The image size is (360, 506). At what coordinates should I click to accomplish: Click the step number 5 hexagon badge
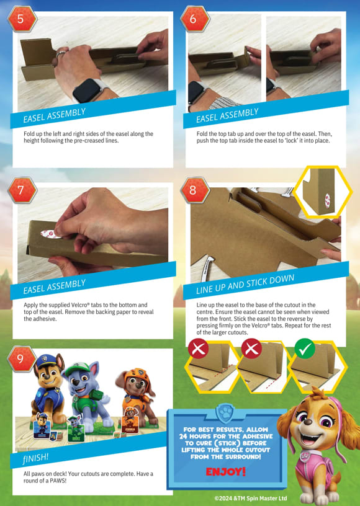coord(21,19)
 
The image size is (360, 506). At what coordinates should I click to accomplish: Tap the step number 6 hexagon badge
coord(194,19)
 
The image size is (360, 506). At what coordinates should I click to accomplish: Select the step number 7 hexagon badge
coord(21,190)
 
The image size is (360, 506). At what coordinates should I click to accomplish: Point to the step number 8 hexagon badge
coord(194,190)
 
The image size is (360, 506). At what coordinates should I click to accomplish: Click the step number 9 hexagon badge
coord(21,358)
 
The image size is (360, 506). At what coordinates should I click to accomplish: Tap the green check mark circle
coord(305,348)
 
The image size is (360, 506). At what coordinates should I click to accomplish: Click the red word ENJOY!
coord(226,471)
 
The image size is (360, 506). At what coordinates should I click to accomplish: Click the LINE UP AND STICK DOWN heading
coord(245,284)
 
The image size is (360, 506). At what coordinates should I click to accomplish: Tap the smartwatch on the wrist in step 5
coord(86,90)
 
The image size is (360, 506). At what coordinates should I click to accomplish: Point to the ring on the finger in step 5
coord(60,53)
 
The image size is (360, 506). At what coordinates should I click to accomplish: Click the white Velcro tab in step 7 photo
coord(50,234)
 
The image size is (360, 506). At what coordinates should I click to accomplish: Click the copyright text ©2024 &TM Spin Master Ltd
coord(251,499)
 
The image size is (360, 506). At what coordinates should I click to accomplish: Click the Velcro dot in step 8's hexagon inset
coord(327,201)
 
